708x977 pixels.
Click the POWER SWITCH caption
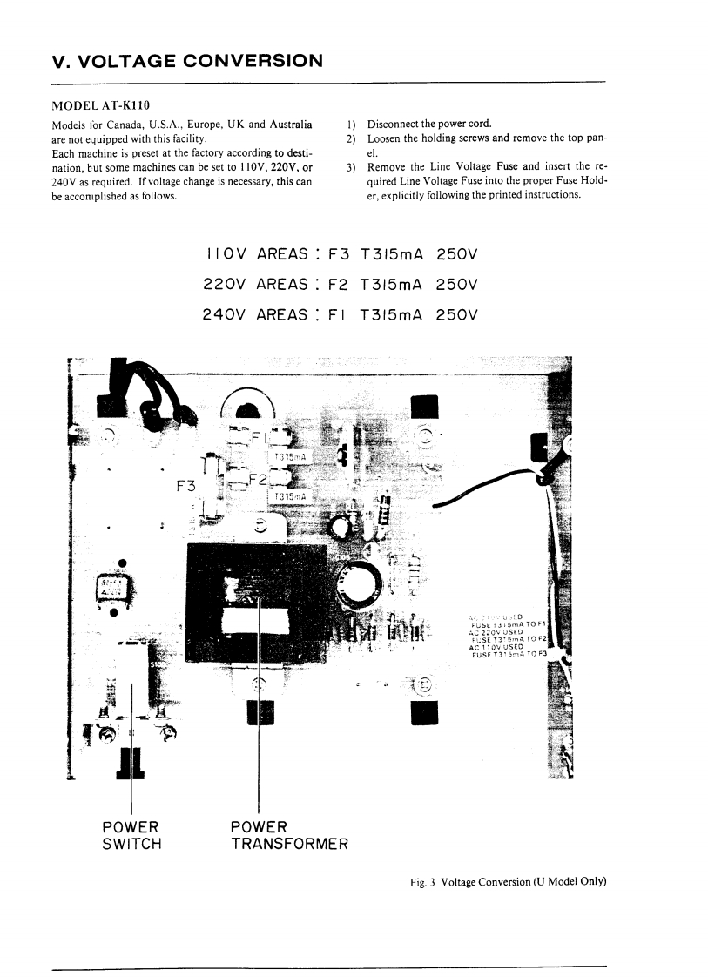coord(131,834)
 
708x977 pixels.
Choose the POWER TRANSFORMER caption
coord(289,834)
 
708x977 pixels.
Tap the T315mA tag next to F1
coord(288,456)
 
